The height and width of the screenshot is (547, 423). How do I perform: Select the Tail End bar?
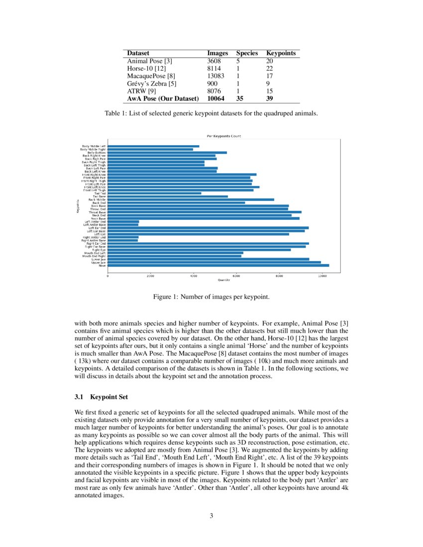154,193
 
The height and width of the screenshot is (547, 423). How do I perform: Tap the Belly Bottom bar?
167,152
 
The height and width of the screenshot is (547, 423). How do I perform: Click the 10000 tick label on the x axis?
322,276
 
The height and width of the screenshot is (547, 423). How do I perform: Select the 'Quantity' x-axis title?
224,280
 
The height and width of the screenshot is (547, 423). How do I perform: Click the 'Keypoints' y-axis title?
78,206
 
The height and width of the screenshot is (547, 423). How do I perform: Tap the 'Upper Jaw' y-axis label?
99,263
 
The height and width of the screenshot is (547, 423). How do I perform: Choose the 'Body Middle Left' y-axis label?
93,146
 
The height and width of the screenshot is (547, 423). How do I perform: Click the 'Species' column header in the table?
247,53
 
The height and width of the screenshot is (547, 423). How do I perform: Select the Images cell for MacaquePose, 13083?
215,76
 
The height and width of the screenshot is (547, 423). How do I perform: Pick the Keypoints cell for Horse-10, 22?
270,69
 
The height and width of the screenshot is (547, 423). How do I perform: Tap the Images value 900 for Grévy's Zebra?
212,84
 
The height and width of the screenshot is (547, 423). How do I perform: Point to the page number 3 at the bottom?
211,516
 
